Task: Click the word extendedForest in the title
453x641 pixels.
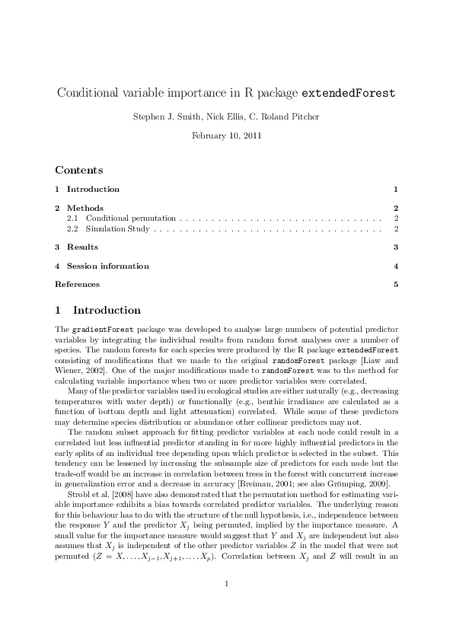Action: pyautogui.click(x=349, y=94)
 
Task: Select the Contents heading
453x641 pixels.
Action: pyautogui.click(x=78, y=170)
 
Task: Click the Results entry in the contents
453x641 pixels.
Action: pyautogui.click(x=82, y=247)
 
